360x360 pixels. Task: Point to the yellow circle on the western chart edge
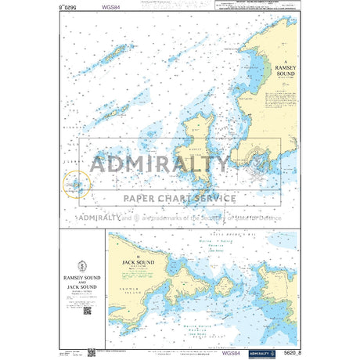tap(77, 185)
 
